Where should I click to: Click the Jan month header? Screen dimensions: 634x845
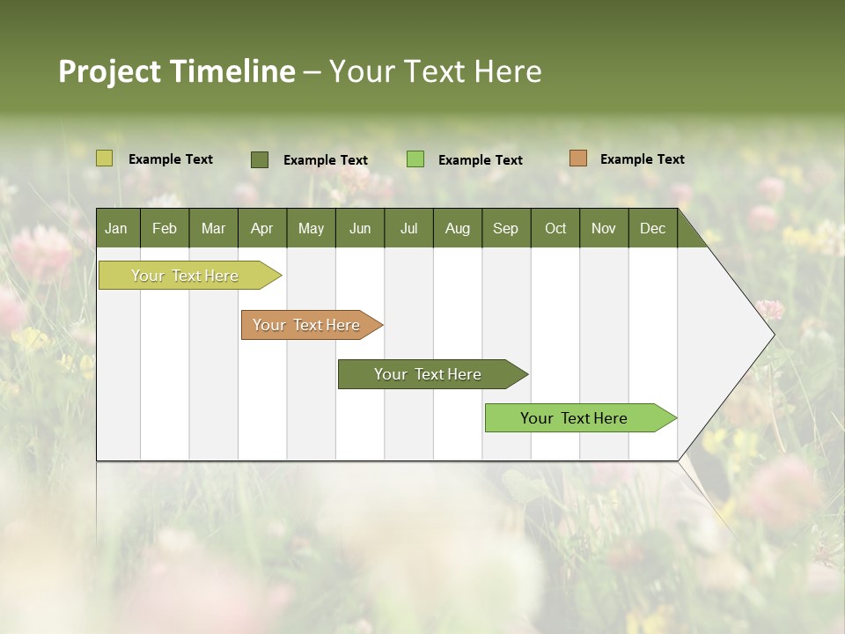[116, 228]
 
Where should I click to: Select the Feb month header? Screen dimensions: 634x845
[165, 228]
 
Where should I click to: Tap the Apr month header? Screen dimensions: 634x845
[261, 228]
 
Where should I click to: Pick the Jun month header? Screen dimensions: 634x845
[360, 228]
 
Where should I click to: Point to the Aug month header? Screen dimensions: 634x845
[457, 228]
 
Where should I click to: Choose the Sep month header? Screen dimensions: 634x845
[505, 228]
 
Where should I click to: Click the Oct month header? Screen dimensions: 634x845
[555, 228]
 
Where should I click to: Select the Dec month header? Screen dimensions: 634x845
[652, 228]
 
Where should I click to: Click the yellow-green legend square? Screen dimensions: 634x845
[104, 158]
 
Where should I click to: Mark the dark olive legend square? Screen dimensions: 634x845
[260, 159]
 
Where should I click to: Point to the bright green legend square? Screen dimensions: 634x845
[415, 159]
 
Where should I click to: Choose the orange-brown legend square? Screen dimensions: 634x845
[577, 158]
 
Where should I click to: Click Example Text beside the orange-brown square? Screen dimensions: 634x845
[642, 159]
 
